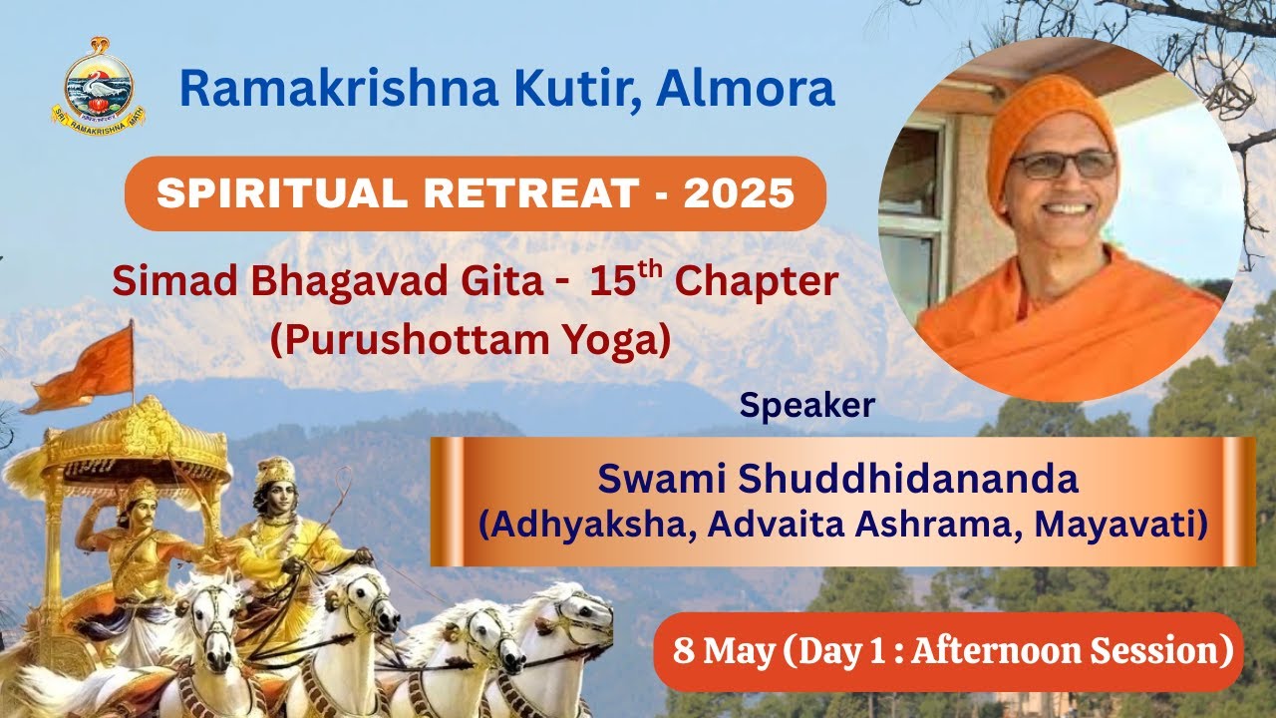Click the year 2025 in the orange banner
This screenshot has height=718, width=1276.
point(739,193)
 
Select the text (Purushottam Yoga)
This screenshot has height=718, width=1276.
point(470,340)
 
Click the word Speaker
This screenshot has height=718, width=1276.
point(806,405)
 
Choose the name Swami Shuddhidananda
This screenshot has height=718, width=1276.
point(837,479)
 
